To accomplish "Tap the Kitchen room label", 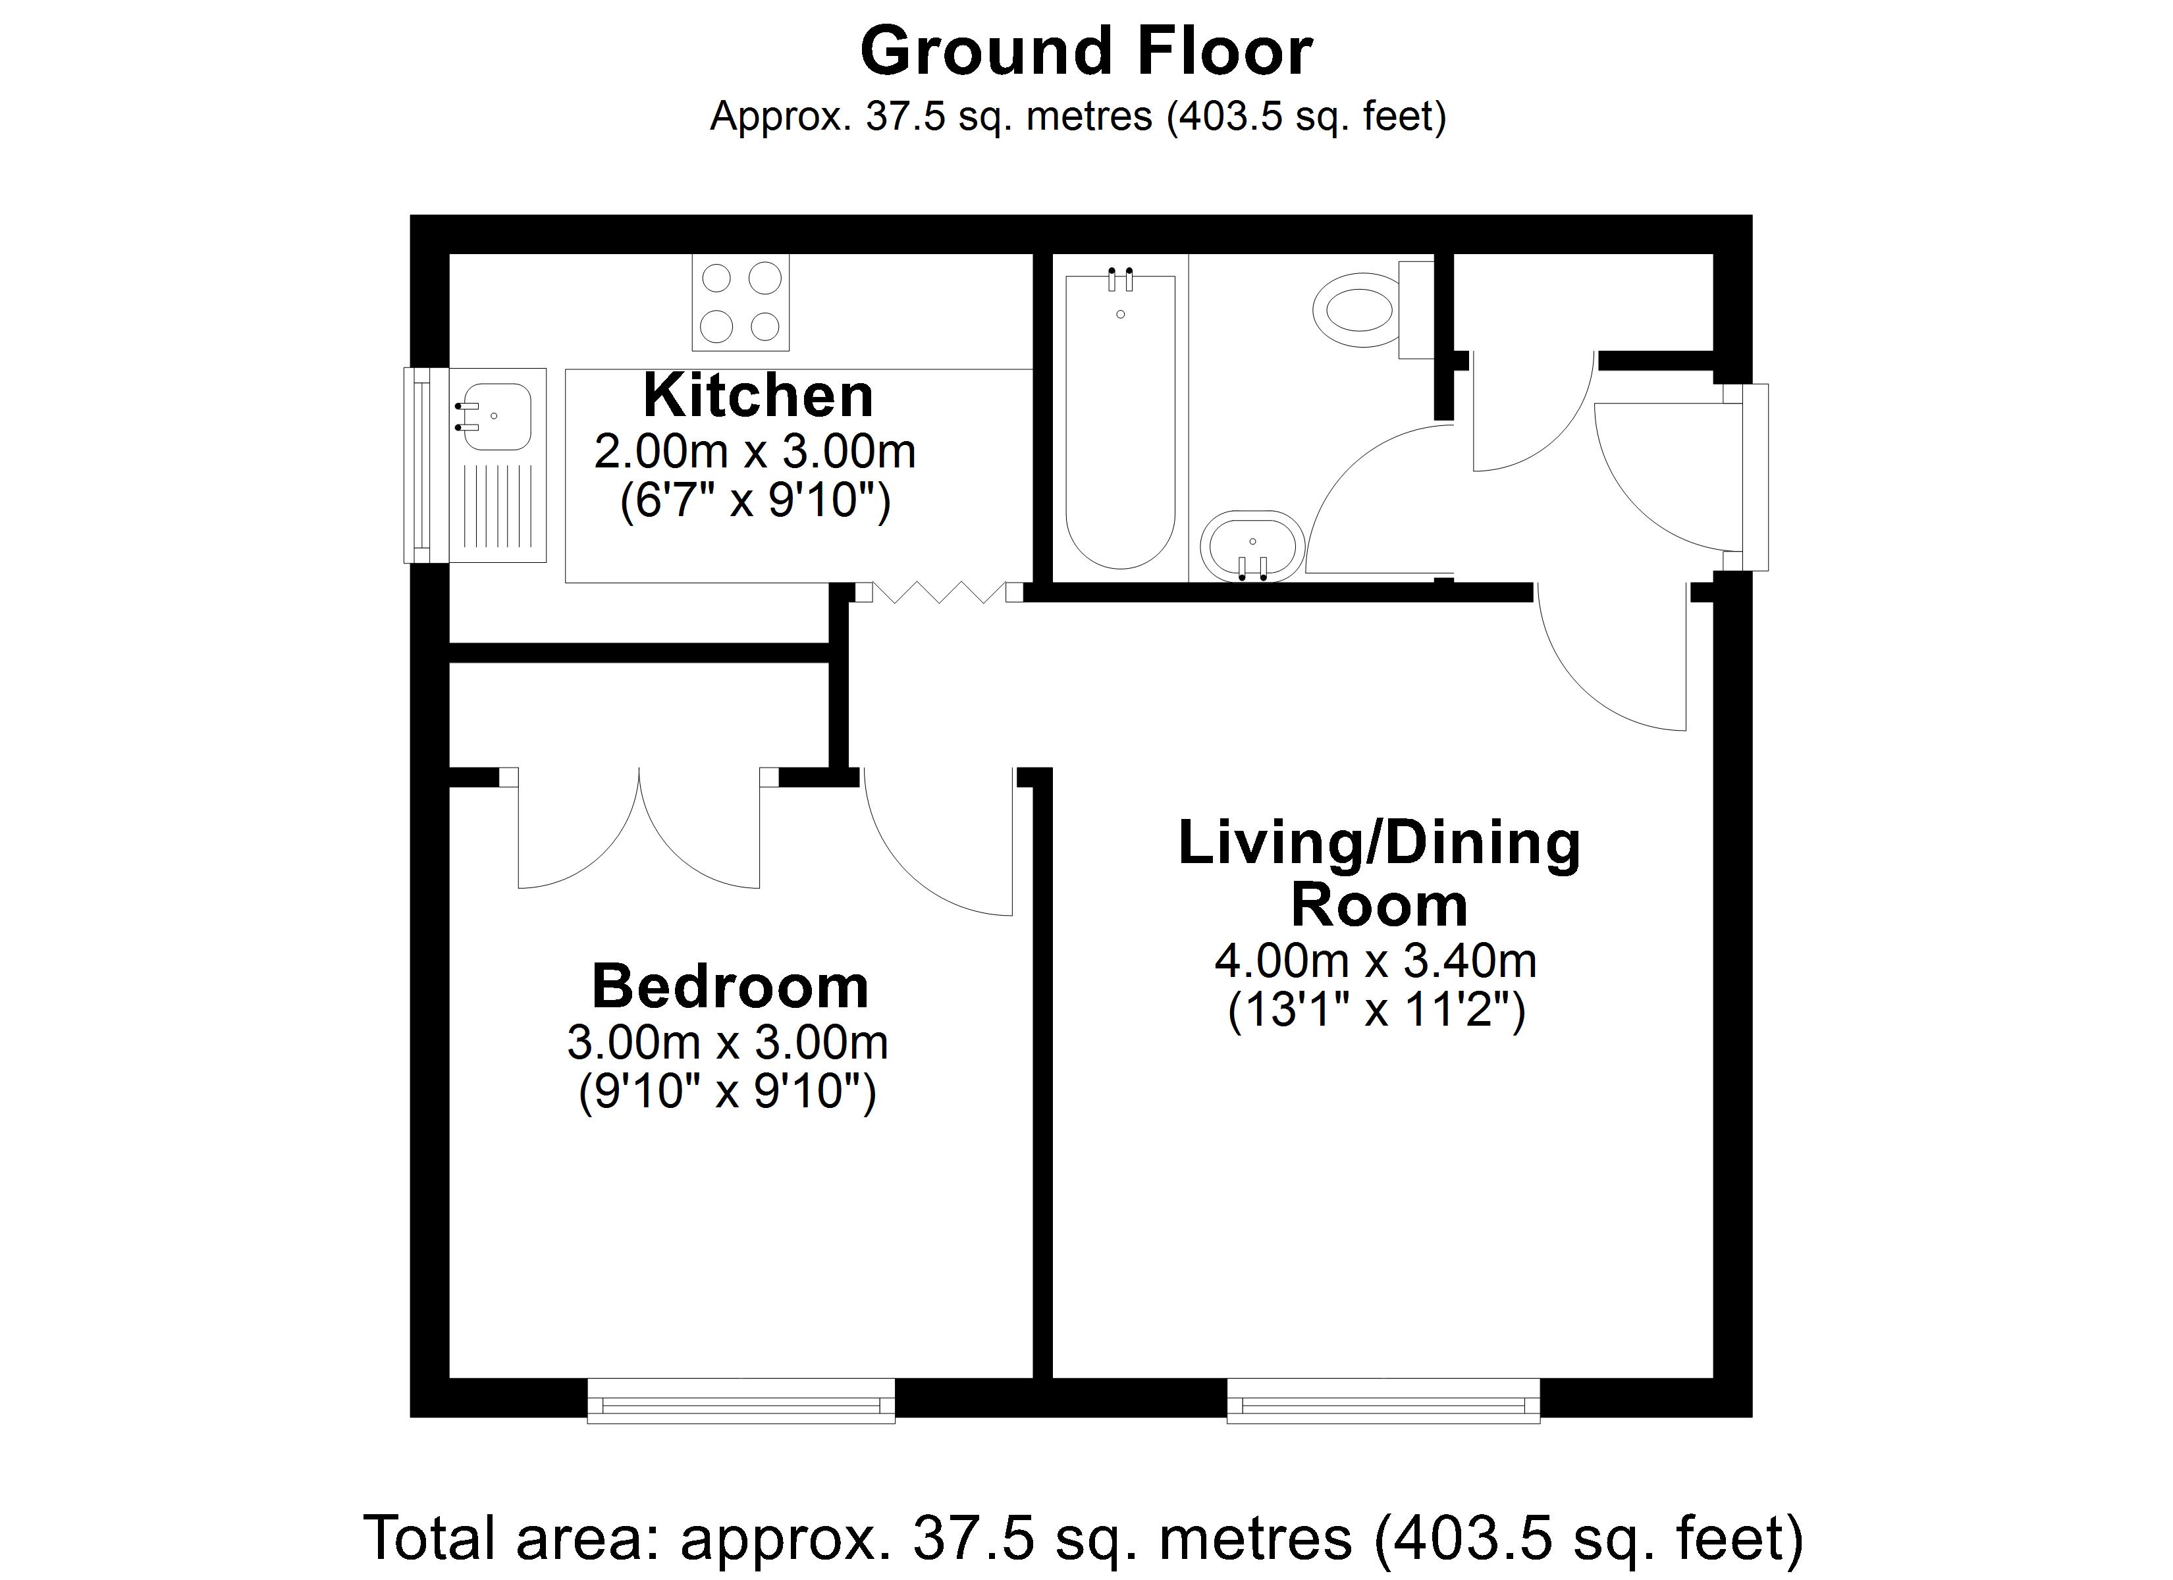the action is (x=758, y=395).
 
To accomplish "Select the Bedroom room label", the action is (x=730, y=986).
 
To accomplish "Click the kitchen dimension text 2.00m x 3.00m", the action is (x=755, y=452).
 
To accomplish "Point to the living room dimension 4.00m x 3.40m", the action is (x=1376, y=960).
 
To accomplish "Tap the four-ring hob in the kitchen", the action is (x=741, y=302).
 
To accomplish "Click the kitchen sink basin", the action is (x=495, y=417).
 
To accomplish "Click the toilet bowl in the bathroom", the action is (x=1360, y=309).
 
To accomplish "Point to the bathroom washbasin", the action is (x=1252, y=546).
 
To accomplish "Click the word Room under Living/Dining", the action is (x=1379, y=905).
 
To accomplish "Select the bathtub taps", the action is (x=1121, y=279).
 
